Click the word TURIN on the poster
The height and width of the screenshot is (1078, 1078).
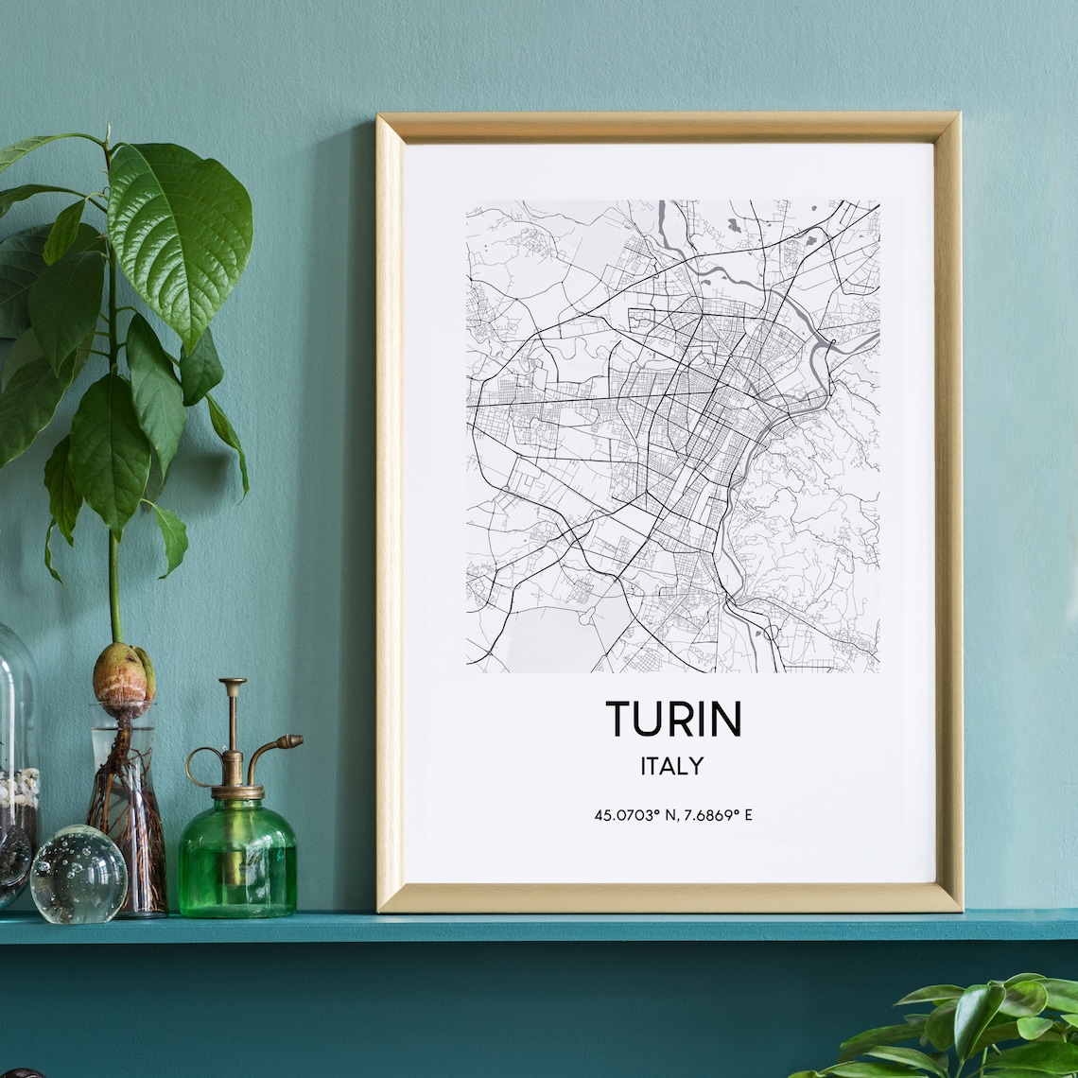coord(673,719)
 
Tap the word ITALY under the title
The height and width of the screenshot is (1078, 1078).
coord(672,766)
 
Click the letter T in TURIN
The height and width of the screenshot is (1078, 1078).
coord(617,719)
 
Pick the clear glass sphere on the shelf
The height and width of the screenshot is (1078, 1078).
coord(78,874)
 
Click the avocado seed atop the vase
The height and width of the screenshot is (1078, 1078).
coord(123,673)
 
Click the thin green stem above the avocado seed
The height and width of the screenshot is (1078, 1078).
coord(114,586)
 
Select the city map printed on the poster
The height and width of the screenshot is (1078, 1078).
coord(672,435)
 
